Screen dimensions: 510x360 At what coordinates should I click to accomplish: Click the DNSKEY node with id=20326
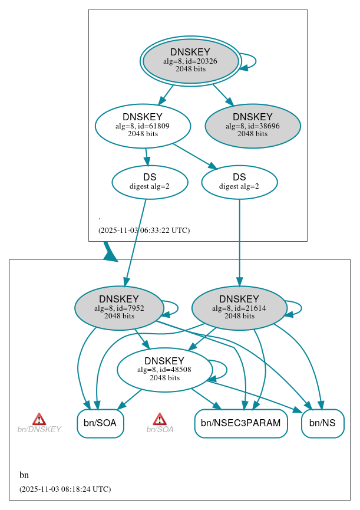(x=190, y=61)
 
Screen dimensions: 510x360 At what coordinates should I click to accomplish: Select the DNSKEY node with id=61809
(x=143, y=126)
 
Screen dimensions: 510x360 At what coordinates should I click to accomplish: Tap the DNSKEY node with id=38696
(x=253, y=126)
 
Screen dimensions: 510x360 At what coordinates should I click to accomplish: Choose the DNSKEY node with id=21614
(x=239, y=308)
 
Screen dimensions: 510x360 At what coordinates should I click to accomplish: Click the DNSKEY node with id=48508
(x=164, y=370)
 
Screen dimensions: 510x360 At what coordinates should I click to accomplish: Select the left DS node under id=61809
(x=150, y=182)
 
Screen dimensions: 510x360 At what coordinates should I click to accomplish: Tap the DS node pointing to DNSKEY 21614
(x=239, y=182)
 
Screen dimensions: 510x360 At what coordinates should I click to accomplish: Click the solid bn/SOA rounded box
(x=100, y=423)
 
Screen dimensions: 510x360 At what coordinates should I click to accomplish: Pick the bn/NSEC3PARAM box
(x=240, y=423)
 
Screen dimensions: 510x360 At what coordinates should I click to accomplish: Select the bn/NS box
(x=322, y=423)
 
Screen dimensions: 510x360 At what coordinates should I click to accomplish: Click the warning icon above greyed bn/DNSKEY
(x=39, y=419)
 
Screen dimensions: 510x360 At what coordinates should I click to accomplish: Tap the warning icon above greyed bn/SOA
(x=160, y=419)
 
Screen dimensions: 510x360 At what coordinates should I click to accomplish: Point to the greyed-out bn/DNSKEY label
(x=39, y=430)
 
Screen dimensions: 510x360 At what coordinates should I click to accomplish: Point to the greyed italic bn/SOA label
(x=160, y=430)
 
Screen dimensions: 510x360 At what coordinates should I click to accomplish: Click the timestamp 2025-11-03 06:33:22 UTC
(x=144, y=231)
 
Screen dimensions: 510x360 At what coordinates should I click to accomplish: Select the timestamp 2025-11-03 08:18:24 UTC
(x=65, y=489)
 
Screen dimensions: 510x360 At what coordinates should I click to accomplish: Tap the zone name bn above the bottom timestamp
(x=24, y=475)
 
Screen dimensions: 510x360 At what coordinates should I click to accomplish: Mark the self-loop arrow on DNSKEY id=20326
(x=249, y=61)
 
